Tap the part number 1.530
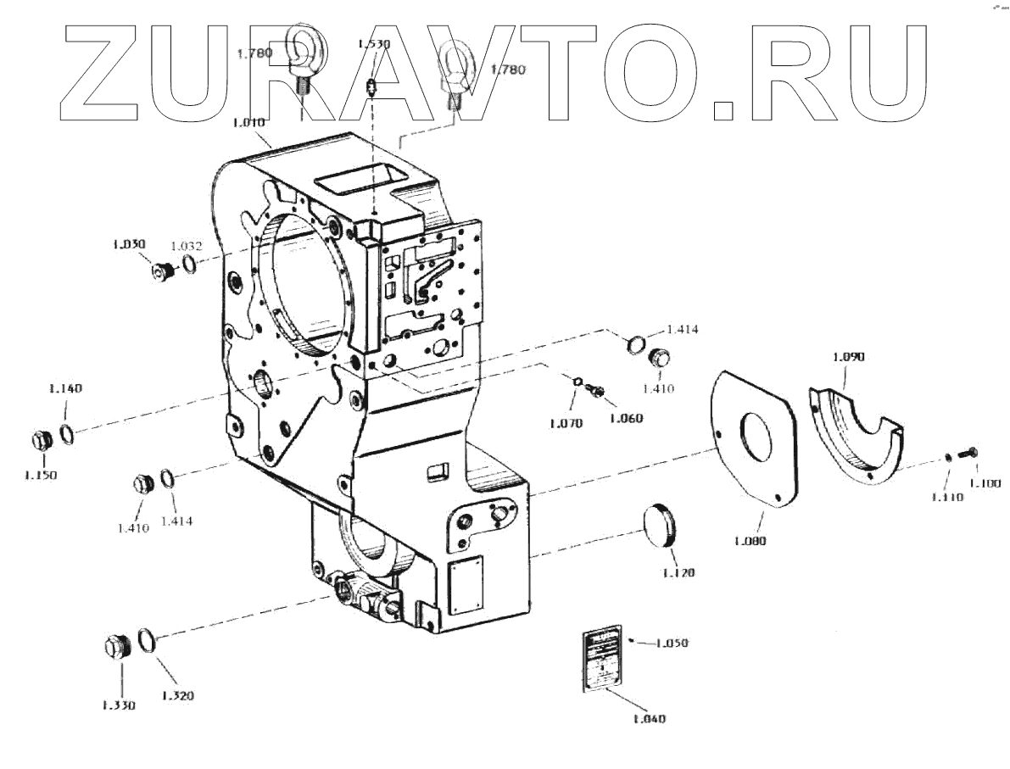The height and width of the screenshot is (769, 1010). point(373,43)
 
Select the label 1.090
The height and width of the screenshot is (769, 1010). point(848,357)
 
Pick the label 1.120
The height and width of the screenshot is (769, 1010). point(678,573)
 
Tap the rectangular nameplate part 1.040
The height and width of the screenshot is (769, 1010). point(601,661)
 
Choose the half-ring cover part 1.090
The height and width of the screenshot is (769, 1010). point(857,432)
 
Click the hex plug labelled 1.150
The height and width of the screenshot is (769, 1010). point(41,442)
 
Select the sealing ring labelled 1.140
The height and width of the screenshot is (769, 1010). point(68,433)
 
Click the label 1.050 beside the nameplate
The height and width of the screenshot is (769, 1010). point(672,644)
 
